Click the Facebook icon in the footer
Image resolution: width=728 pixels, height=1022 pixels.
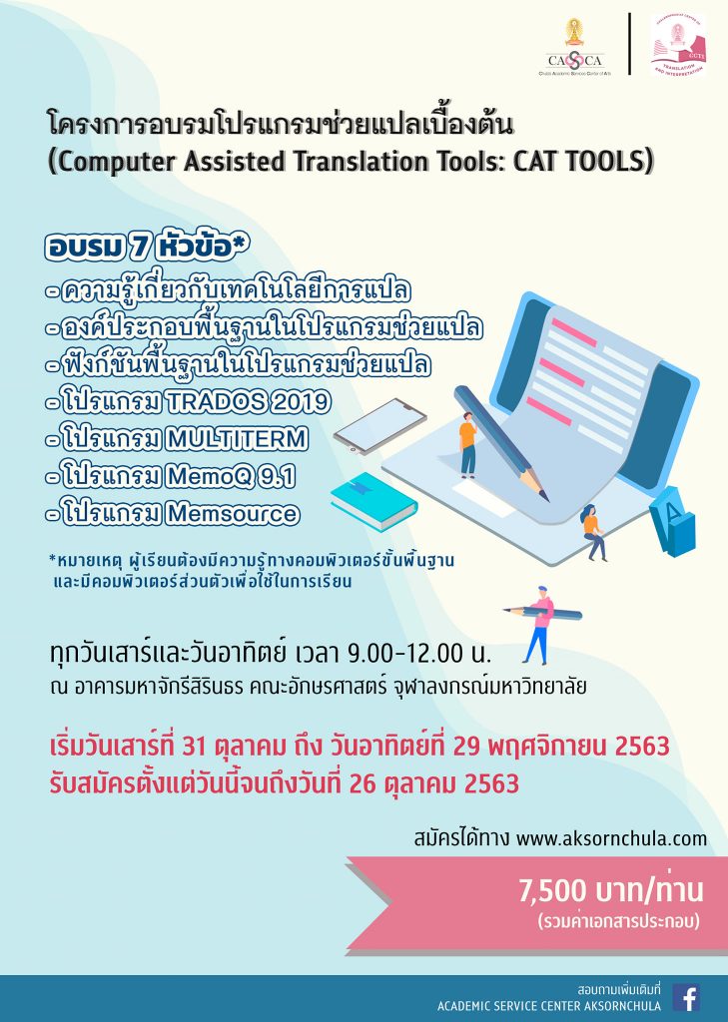click(x=686, y=998)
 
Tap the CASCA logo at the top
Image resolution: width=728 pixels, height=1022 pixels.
click(x=574, y=48)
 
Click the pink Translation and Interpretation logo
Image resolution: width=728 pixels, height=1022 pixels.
click(x=678, y=44)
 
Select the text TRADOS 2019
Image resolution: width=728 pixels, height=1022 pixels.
click(x=248, y=401)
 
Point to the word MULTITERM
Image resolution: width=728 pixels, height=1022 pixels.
click(x=236, y=439)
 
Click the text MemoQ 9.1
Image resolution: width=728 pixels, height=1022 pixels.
click(x=230, y=476)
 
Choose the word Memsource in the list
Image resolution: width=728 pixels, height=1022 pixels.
click(x=233, y=514)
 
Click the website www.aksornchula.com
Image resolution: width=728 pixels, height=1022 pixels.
click(x=612, y=838)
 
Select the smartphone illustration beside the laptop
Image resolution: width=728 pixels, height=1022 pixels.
click(x=380, y=426)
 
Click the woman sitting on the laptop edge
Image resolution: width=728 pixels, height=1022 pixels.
click(x=593, y=532)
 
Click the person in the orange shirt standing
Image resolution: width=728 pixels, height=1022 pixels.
click(x=467, y=444)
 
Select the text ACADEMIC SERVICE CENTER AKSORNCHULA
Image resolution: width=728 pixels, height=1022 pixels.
click(x=549, y=1006)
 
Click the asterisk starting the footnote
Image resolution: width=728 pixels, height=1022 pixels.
click(x=52, y=558)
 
